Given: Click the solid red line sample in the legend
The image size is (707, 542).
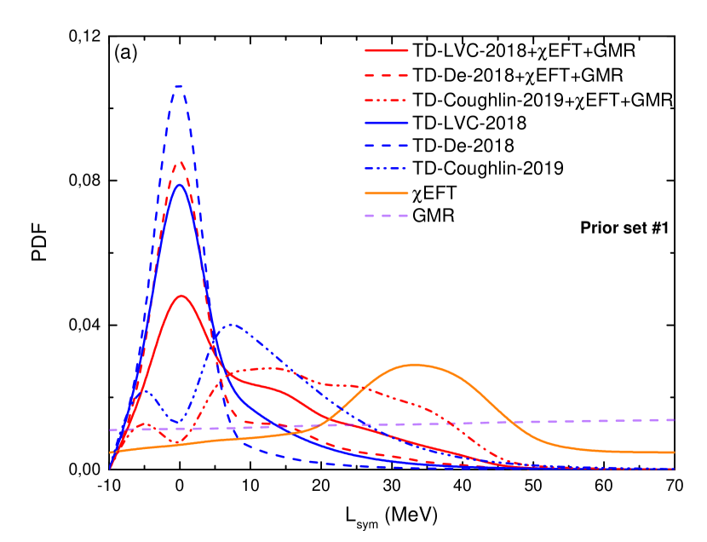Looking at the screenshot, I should tap(387, 50).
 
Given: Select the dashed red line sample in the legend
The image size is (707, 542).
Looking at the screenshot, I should tap(387, 75).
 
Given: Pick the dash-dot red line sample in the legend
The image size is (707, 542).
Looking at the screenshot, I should tap(387, 100).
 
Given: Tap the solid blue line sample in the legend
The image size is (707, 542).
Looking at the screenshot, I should tap(387, 123).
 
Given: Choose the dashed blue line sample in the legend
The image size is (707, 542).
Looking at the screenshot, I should tap(387, 146).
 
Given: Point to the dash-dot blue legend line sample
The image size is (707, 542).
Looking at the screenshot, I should tap(387, 169).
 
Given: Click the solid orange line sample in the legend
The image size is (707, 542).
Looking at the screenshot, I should tap(387, 193).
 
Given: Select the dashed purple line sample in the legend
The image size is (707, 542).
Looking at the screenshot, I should tap(387, 216).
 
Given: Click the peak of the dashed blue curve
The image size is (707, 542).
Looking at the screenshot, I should tap(178, 86).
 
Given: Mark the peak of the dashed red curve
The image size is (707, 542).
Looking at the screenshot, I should tap(179, 162).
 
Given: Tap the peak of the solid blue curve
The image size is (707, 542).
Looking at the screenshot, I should tap(179, 185).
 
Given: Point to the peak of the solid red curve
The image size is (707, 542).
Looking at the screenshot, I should tap(181, 296).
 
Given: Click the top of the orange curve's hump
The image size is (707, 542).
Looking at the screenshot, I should tap(416, 365).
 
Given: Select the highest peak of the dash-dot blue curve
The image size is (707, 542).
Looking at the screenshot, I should tap(231, 324).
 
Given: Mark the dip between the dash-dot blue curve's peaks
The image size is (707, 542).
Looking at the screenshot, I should tap(178, 422).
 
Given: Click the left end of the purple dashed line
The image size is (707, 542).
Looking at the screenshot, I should tap(111, 430).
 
